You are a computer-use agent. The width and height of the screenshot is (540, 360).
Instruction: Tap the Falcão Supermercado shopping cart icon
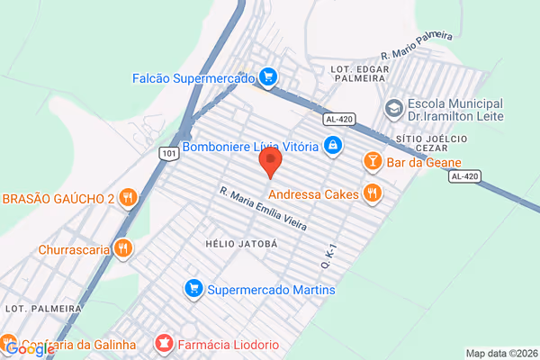tap(266, 76)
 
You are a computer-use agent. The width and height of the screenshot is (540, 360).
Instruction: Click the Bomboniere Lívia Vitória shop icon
tap(332, 145)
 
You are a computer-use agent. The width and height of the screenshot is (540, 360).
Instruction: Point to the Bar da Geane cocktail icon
tap(371, 162)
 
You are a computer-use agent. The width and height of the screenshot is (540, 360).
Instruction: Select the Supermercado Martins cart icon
tap(192, 289)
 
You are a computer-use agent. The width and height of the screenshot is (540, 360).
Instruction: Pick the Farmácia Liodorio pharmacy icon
tap(164, 343)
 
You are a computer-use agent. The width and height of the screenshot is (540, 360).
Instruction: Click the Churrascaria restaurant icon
tap(123, 247)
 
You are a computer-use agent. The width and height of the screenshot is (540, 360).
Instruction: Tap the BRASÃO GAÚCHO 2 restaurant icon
tap(129, 197)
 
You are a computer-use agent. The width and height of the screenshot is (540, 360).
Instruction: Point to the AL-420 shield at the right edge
tap(463, 176)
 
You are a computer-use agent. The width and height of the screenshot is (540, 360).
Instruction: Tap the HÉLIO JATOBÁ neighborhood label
tap(239, 244)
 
